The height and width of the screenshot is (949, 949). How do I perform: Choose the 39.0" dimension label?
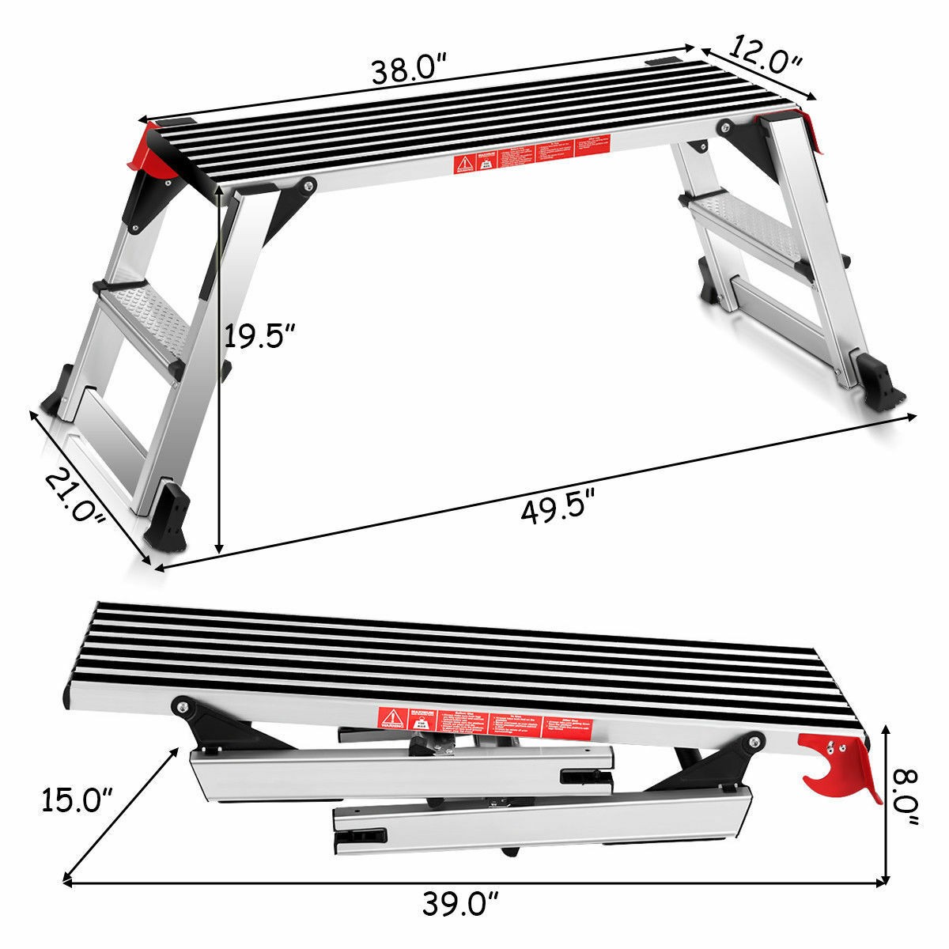click(461, 902)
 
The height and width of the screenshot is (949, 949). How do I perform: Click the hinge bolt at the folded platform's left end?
click(183, 706)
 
